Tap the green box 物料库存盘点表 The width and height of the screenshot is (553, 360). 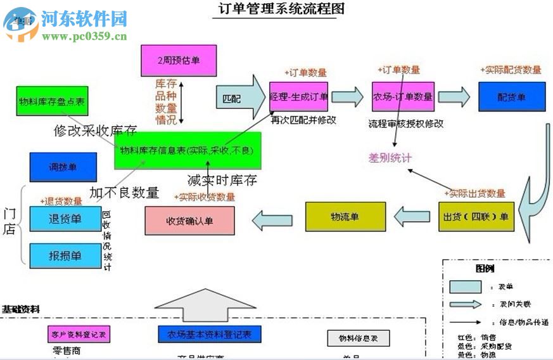52,101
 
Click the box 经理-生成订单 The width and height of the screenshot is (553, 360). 298,97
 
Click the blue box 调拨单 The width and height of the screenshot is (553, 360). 63,167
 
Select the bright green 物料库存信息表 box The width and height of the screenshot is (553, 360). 188,150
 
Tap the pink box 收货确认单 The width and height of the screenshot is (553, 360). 189,221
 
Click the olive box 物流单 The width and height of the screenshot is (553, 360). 345,217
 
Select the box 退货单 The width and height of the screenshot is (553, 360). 65,219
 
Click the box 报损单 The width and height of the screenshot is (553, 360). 65,255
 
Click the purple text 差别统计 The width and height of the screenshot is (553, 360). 390,157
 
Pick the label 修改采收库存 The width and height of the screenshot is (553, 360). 95,131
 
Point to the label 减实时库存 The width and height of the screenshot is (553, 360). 222,180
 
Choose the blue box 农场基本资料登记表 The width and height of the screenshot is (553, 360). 209,334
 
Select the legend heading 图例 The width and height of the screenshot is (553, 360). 485,268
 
